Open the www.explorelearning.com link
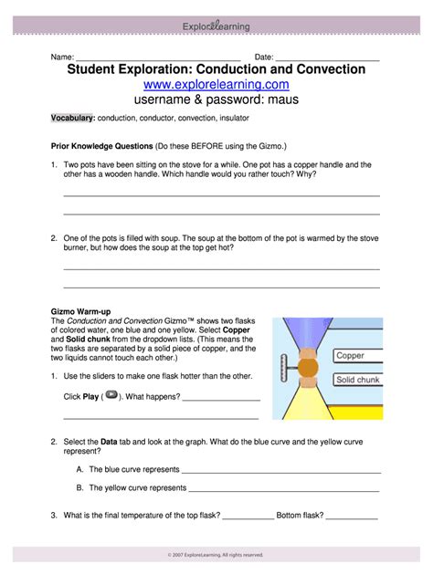tap(216, 85)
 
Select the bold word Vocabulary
tap(72, 119)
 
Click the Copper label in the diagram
tap(350, 356)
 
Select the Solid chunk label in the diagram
tap(358, 379)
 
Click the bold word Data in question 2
tap(111, 440)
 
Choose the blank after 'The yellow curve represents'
tap(284, 487)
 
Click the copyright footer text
tap(216, 554)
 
